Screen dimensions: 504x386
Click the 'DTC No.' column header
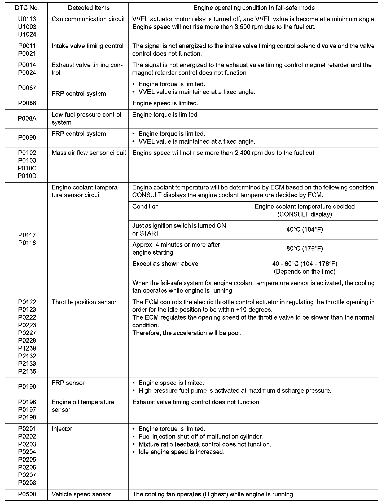point(27,8)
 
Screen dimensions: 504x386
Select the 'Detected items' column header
point(89,8)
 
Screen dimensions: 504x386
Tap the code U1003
point(27,27)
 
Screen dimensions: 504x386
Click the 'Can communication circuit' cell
point(88,19)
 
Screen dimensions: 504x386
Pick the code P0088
point(27,103)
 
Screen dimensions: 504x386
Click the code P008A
point(27,118)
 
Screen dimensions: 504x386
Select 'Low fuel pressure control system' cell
point(86,118)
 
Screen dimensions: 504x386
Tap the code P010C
point(27,168)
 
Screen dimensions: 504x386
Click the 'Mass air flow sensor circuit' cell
point(89,153)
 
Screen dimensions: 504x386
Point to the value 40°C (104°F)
point(305,229)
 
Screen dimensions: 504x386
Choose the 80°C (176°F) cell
point(305,249)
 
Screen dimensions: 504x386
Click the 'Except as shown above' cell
point(165,264)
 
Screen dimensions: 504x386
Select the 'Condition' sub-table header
point(145,207)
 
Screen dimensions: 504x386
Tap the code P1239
point(27,348)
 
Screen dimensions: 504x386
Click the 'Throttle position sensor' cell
point(84,302)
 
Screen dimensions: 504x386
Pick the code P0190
point(27,387)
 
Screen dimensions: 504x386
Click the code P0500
point(27,494)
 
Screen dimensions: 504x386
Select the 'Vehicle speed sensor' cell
point(81,494)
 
